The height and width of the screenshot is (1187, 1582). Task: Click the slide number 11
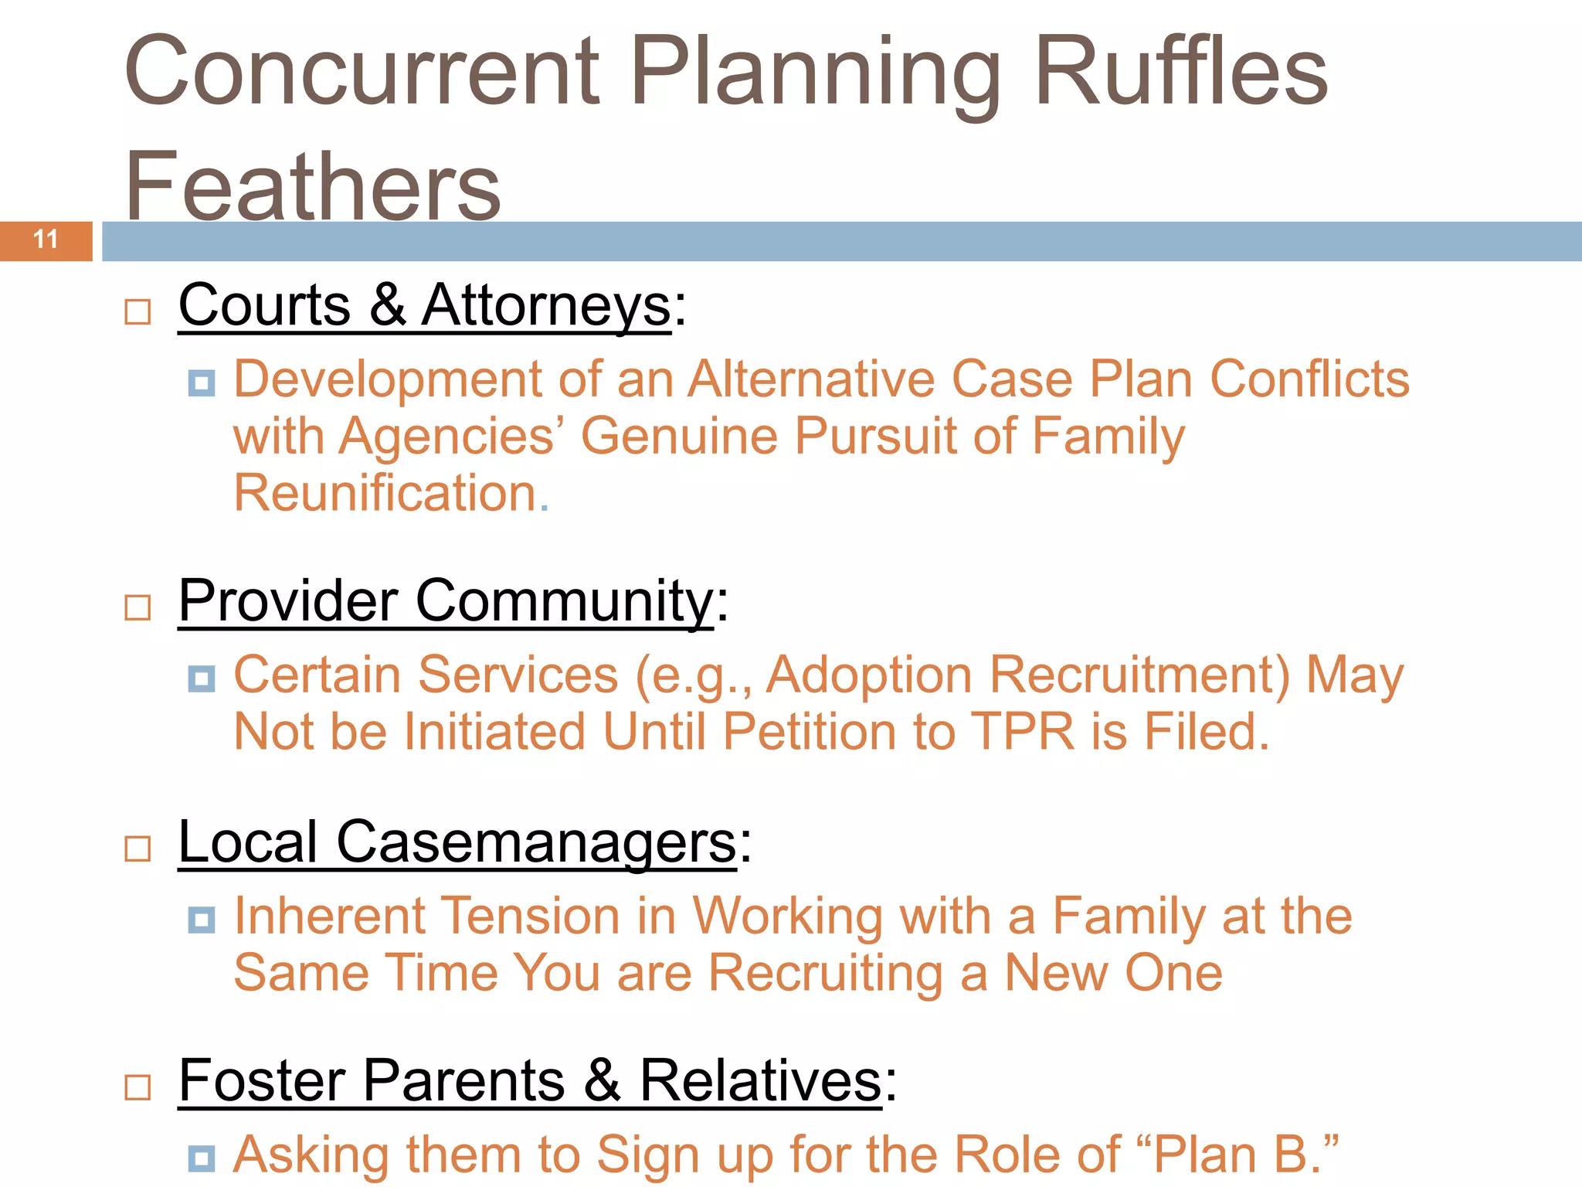tap(46, 240)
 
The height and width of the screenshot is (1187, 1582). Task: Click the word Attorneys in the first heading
tap(546, 305)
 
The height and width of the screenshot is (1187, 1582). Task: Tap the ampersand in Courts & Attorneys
tap(387, 305)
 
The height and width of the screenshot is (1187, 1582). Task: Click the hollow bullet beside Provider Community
tap(137, 607)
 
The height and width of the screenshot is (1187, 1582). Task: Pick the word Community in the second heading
tap(565, 601)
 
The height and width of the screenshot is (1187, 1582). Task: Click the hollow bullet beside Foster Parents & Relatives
tap(137, 1087)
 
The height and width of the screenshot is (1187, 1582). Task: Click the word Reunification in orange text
tap(385, 493)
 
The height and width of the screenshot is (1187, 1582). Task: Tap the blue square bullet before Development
tap(202, 383)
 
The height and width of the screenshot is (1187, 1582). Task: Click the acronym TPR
tap(1022, 731)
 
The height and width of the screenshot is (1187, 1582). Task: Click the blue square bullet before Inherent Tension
tap(202, 920)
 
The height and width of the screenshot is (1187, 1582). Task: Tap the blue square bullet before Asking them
tap(202, 1158)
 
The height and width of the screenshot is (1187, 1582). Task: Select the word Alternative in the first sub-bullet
tap(811, 379)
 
